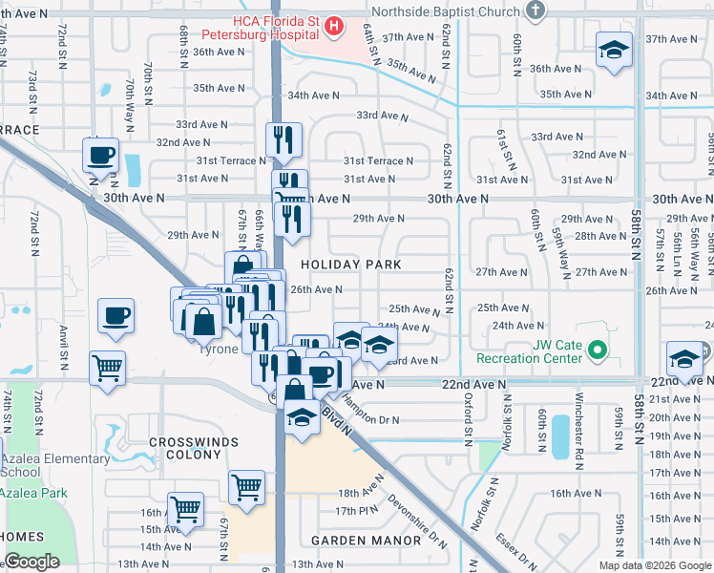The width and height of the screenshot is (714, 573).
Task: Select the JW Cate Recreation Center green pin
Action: (x=598, y=350)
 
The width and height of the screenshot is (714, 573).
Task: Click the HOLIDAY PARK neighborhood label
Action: (x=350, y=264)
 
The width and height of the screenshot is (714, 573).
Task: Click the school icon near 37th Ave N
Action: (x=614, y=50)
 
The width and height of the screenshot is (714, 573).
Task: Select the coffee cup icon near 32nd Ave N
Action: (x=100, y=155)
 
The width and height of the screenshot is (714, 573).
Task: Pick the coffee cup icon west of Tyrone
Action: (x=116, y=315)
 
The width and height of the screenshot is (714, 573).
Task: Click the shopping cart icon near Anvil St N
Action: (x=108, y=368)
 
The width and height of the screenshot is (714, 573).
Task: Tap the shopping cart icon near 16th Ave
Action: (x=185, y=509)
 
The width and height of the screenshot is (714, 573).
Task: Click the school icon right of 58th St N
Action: (x=683, y=359)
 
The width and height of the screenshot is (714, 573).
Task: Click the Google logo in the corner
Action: (x=31, y=562)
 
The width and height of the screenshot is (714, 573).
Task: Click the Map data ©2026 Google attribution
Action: (x=654, y=564)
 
